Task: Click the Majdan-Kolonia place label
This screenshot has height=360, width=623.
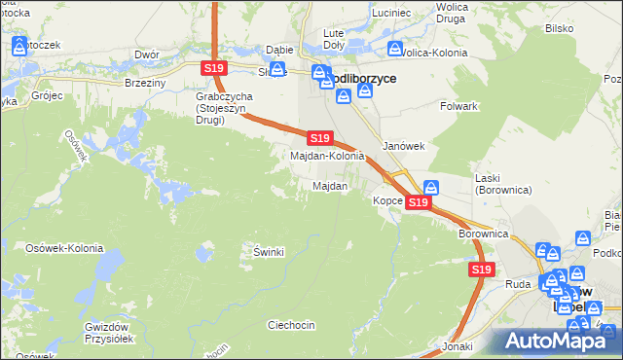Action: pyautogui.click(x=327, y=156)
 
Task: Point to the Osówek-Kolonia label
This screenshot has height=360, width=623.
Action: pyautogui.click(x=64, y=248)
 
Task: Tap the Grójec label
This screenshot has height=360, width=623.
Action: pyautogui.click(x=46, y=96)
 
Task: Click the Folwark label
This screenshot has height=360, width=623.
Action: pyautogui.click(x=458, y=105)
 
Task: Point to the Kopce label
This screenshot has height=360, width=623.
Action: pyautogui.click(x=387, y=200)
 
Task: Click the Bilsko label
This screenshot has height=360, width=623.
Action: pyautogui.click(x=558, y=29)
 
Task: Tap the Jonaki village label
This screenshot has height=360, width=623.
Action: pyautogui.click(x=457, y=346)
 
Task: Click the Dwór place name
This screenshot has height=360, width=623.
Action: pyautogui.click(x=148, y=54)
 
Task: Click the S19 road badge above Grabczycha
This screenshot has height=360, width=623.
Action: pyautogui.click(x=215, y=67)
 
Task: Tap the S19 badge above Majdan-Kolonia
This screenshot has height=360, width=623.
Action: pyautogui.click(x=320, y=139)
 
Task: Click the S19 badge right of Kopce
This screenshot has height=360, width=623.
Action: pyautogui.click(x=418, y=201)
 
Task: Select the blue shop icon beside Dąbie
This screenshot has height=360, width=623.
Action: pyautogui.click(x=277, y=69)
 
